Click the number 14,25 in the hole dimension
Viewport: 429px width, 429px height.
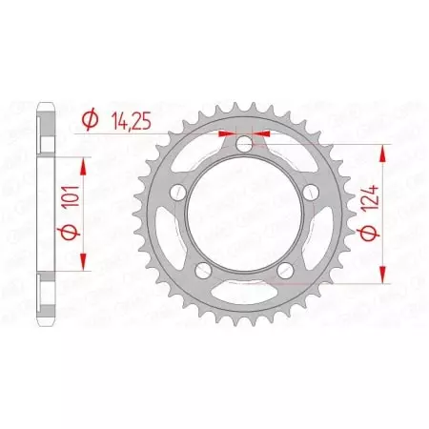click(129, 120)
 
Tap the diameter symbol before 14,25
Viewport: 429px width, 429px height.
click(91, 120)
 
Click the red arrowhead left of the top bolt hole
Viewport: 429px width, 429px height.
click(226, 133)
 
